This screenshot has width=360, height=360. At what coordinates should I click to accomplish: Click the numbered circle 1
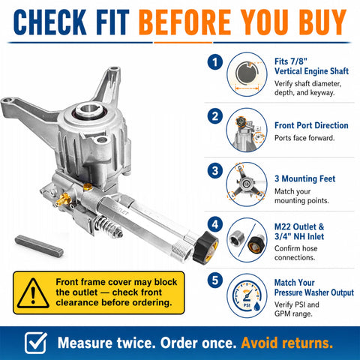point(215,62)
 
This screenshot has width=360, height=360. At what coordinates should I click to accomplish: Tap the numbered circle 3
point(215,171)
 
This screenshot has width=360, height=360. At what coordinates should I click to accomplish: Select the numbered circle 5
point(215,280)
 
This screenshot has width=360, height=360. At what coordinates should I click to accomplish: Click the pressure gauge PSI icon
point(247,296)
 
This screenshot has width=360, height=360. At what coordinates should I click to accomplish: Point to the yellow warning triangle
point(33,293)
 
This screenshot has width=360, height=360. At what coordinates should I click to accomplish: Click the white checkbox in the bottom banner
point(36,343)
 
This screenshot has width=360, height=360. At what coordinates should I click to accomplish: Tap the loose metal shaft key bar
point(39,246)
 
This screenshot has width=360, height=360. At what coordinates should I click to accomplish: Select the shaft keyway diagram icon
point(247,74)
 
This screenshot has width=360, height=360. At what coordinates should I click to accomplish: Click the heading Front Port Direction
point(311,125)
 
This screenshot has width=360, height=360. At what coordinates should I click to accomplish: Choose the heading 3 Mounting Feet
point(304,178)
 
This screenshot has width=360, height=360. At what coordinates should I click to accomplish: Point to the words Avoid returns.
point(287,343)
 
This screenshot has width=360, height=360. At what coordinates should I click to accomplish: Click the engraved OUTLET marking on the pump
point(121,210)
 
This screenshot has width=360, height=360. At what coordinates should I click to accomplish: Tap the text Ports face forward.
point(304,138)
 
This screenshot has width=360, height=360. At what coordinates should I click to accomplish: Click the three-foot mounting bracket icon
point(247,184)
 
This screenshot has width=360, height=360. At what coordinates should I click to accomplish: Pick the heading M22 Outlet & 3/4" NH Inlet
point(299,232)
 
